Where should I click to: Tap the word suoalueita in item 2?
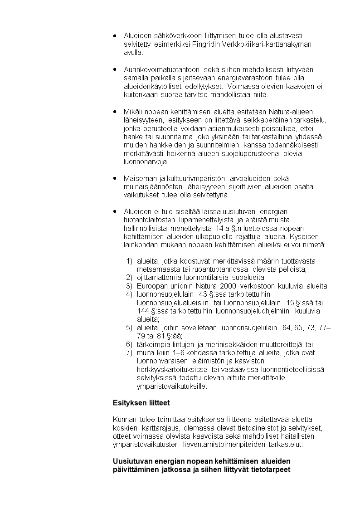[x=249, y=278]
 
